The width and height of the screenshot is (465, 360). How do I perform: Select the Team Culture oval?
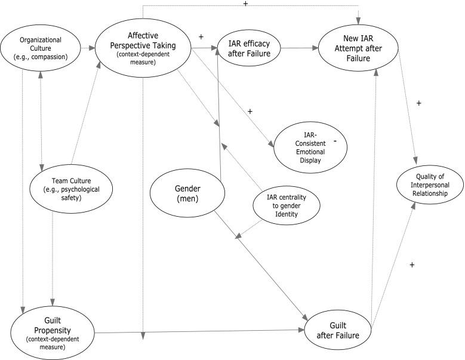72,187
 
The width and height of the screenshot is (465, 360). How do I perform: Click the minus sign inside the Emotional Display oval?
335,140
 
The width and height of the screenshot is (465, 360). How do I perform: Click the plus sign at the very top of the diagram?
245,4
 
